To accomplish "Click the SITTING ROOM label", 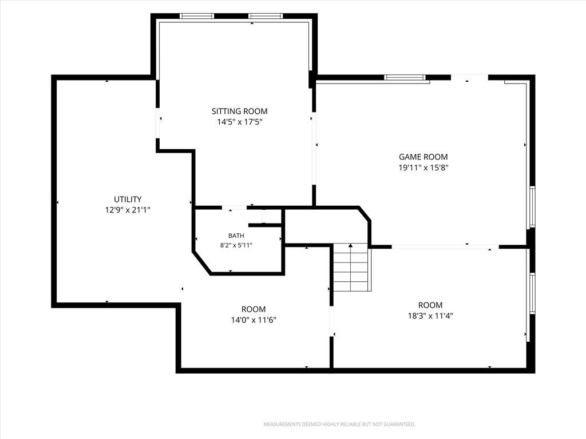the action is (x=240, y=111).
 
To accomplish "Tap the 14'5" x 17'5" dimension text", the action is (x=240, y=122).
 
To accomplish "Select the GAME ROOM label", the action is (x=423, y=157).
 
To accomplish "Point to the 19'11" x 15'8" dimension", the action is (x=423, y=167).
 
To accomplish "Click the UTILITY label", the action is (x=128, y=199).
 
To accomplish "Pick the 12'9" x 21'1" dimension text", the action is (x=128, y=210).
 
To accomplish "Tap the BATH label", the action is (x=236, y=236).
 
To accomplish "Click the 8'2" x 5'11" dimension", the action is (x=236, y=245).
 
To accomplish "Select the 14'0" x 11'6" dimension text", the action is (x=254, y=320).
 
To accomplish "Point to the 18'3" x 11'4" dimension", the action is (x=430, y=316).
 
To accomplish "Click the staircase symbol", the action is (x=352, y=267).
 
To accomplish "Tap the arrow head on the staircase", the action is (x=351, y=245).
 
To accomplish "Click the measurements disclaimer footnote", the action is (x=339, y=425).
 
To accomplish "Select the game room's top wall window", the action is (x=405, y=78).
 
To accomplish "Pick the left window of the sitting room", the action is (x=197, y=16).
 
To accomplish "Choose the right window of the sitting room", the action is (x=266, y=16).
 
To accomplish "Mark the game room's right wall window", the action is (x=533, y=207).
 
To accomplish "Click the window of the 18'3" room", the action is (x=533, y=293).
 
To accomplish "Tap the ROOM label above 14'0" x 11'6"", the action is (x=254, y=309).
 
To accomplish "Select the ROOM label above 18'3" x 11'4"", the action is (x=430, y=305).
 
